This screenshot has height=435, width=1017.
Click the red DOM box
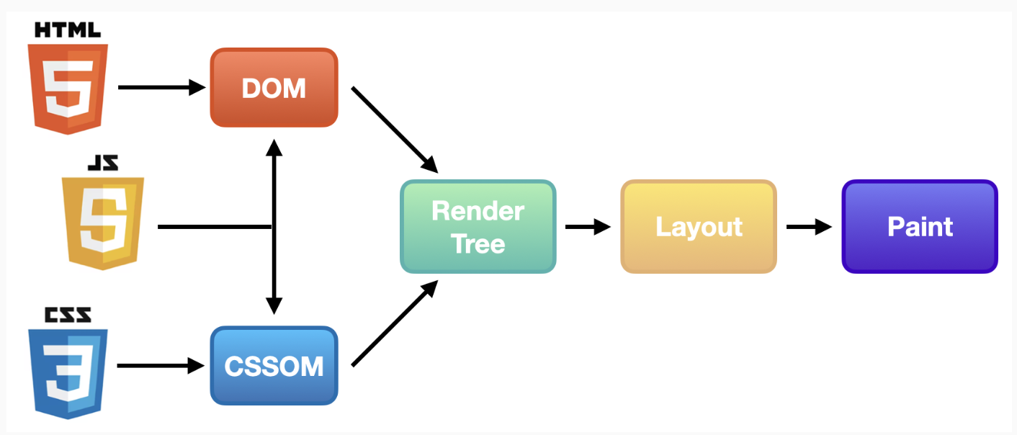tap(274, 88)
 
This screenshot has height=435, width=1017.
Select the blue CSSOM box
tap(274, 366)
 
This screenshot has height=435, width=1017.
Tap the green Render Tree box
tap(478, 227)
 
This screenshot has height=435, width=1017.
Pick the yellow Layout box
tap(698, 227)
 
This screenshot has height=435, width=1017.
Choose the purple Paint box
tap(920, 227)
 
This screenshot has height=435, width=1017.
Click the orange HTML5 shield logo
tap(68, 88)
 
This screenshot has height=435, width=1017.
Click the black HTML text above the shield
tap(68, 30)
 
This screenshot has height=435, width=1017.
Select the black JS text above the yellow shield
tap(102, 163)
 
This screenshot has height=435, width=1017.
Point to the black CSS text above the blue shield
tap(68, 315)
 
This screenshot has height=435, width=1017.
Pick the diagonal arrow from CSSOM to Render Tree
tap(394, 324)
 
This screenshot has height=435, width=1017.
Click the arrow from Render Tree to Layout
tap(588, 227)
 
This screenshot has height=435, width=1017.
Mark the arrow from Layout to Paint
tap(809, 227)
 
